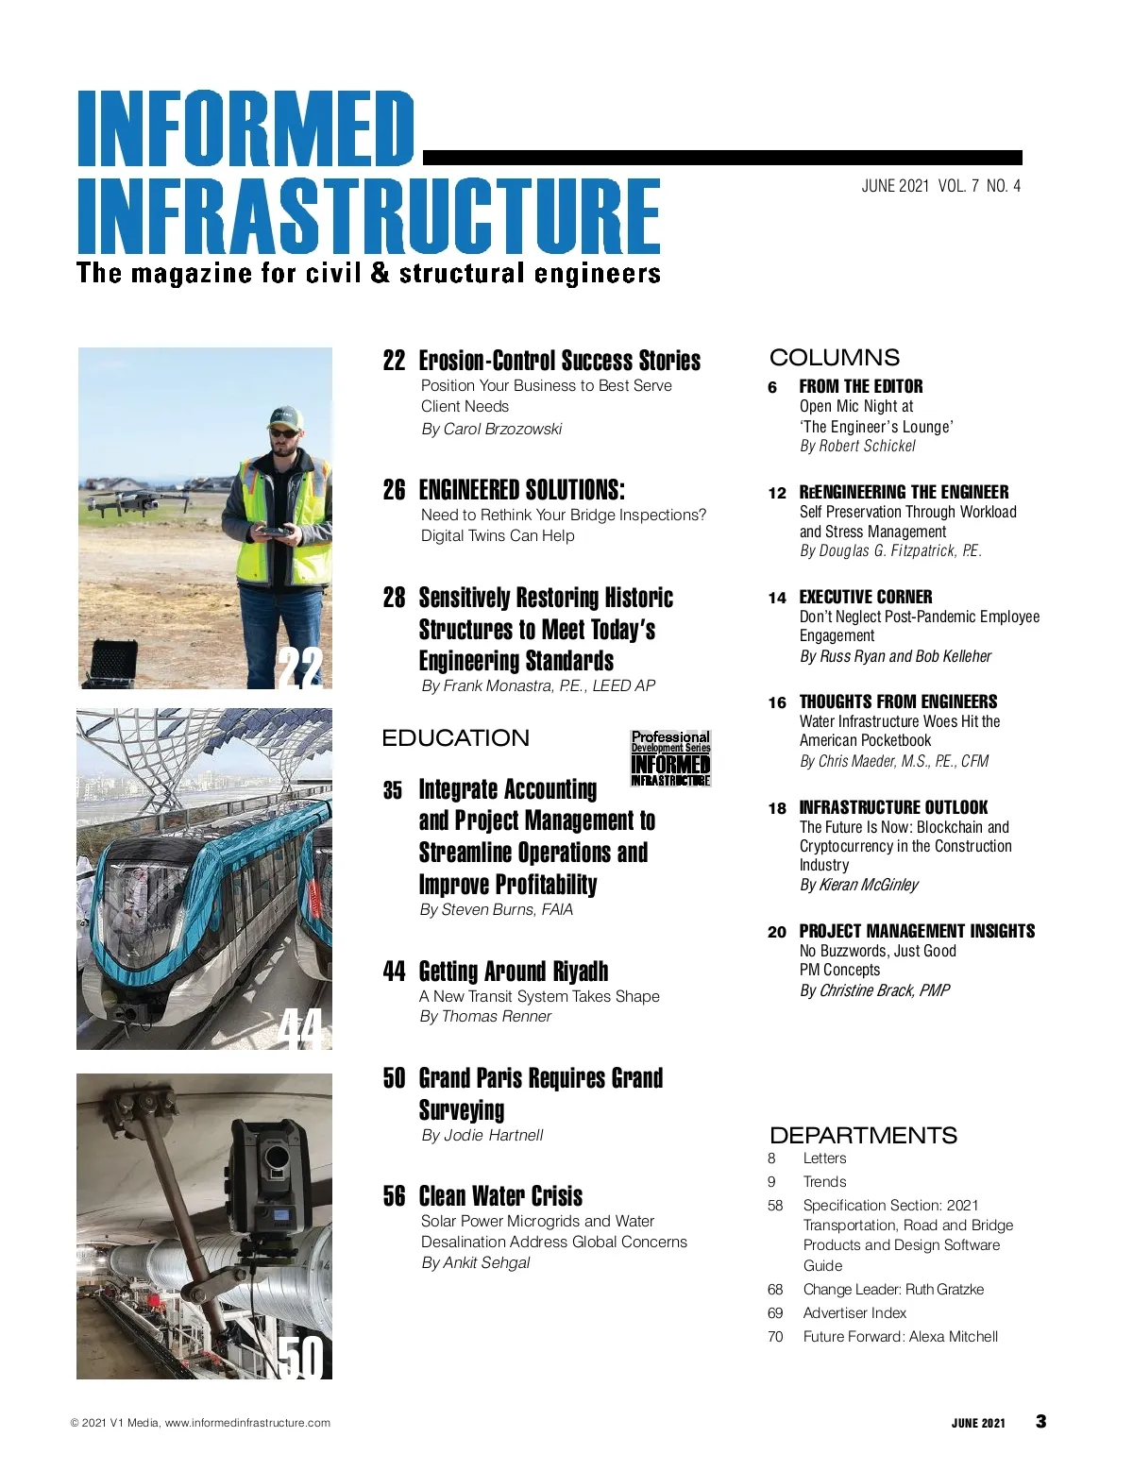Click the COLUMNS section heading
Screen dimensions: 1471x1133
pos(835,358)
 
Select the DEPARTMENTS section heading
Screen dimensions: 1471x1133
pos(863,1136)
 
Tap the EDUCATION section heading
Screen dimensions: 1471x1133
pos(455,738)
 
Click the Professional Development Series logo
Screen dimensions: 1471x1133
pos(670,758)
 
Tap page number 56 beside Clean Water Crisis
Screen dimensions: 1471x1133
pos(394,1196)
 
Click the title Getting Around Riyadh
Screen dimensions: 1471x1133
pos(513,972)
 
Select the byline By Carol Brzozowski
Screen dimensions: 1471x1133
pos(491,430)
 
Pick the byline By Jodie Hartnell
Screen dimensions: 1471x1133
pos(482,1136)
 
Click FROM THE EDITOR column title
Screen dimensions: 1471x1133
pos(860,386)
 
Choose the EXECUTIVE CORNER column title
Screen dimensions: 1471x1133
pos(865,597)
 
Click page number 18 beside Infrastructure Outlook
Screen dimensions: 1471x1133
pos(777,808)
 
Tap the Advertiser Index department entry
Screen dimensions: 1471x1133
pos(854,1313)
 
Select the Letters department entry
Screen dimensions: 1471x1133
pos(824,1158)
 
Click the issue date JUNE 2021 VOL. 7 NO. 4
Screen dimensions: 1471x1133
pos(940,186)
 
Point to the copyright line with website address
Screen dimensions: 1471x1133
pos(200,1423)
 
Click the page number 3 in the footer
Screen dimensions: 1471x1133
pos(1040,1422)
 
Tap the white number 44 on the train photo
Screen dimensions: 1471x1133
pos(302,1028)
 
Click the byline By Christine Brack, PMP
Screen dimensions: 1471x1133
pos(874,990)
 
